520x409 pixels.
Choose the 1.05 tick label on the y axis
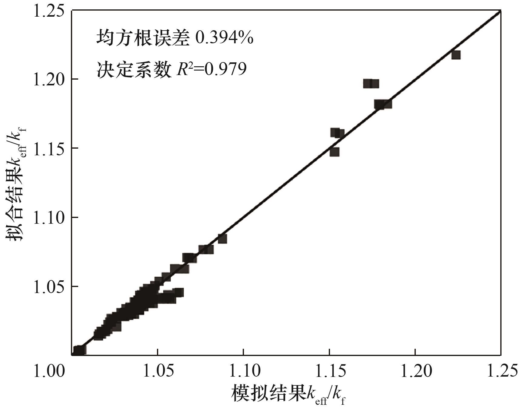48,286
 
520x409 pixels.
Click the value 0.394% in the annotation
224,38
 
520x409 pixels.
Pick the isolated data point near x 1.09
222,239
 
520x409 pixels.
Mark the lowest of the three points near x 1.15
334,152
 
